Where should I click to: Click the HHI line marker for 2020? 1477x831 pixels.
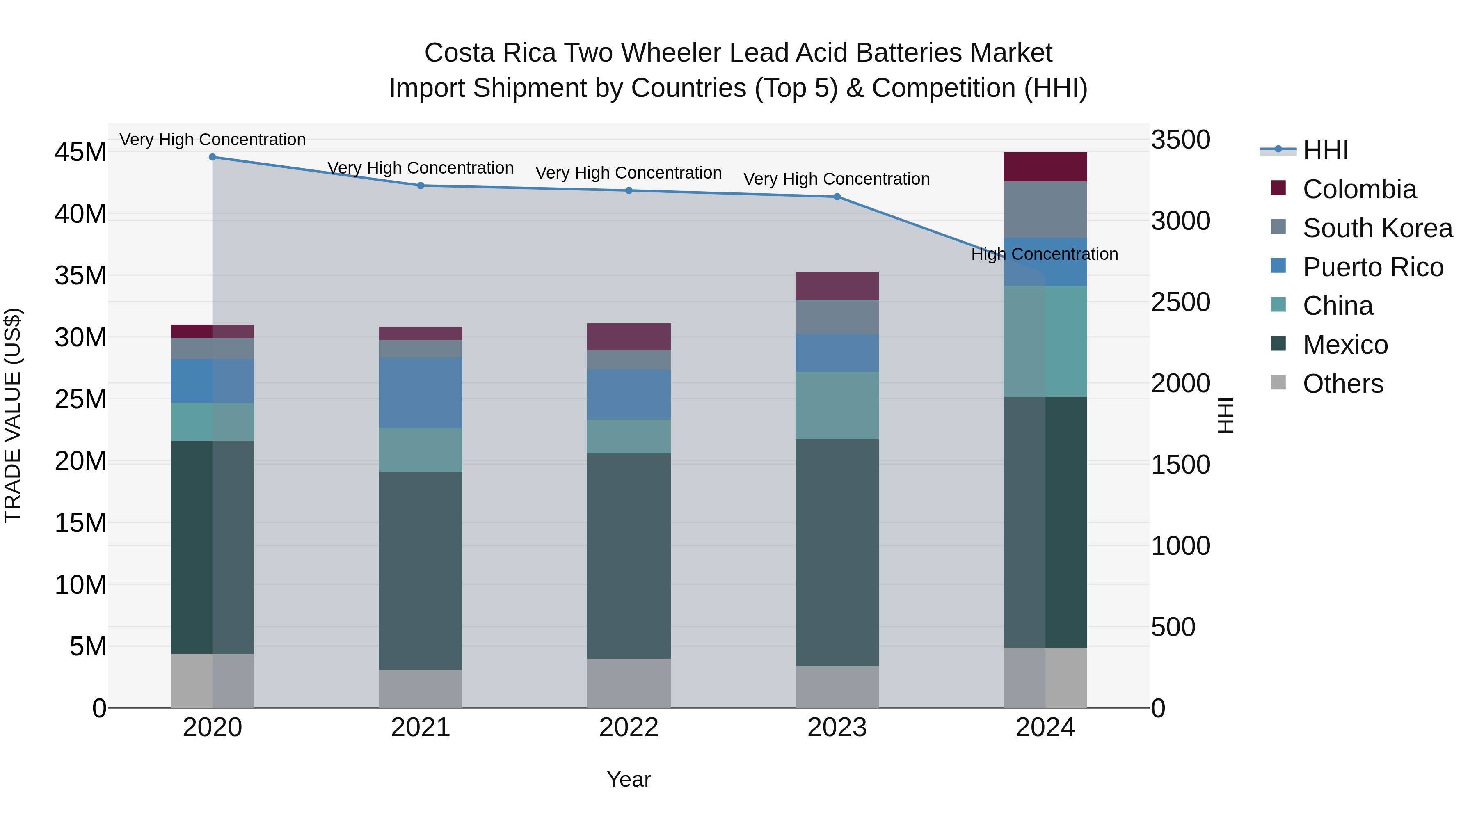pos(212,157)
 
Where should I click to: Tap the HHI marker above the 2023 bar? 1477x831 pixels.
pos(837,197)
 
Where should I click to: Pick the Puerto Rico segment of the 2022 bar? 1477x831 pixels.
pos(629,394)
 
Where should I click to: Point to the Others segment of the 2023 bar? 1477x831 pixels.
pos(837,687)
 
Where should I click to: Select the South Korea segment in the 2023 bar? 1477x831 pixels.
pos(837,316)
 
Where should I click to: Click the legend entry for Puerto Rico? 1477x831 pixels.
pos(1373,267)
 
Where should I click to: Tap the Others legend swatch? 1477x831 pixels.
pos(1278,382)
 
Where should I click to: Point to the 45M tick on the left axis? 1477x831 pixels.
pos(80,153)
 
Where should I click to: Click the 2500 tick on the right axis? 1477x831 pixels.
pos(1180,302)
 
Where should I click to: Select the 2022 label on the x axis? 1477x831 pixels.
pos(629,728)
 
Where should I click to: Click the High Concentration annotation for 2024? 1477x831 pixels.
pos(1044,254)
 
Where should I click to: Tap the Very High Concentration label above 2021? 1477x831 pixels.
pos(420,168)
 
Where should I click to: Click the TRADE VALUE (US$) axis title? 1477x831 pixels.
pos(13,415)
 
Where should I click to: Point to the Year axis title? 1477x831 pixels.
pos(629,779)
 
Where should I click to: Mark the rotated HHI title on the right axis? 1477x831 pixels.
pos(1225,415)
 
